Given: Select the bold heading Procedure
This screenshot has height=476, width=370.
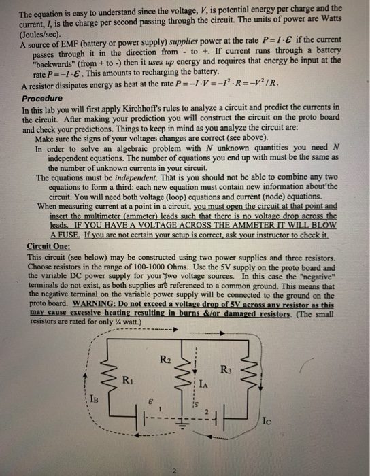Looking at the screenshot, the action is click(44, 97).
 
